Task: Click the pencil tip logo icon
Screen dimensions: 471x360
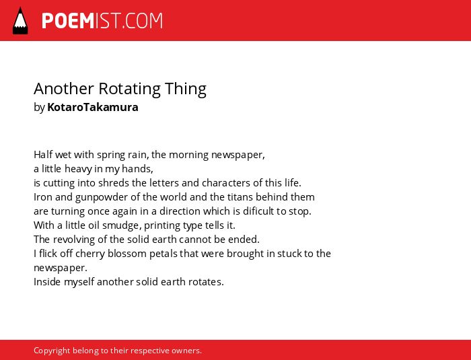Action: pos(20,21)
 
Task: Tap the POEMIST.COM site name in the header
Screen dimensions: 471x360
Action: pos(102,21)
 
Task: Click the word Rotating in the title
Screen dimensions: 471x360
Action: pos(129,89)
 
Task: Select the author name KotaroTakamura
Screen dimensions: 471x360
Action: pos(93,107)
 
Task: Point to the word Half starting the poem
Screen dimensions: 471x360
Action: pos(43,155)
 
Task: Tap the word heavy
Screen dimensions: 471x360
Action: pos(78,169)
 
